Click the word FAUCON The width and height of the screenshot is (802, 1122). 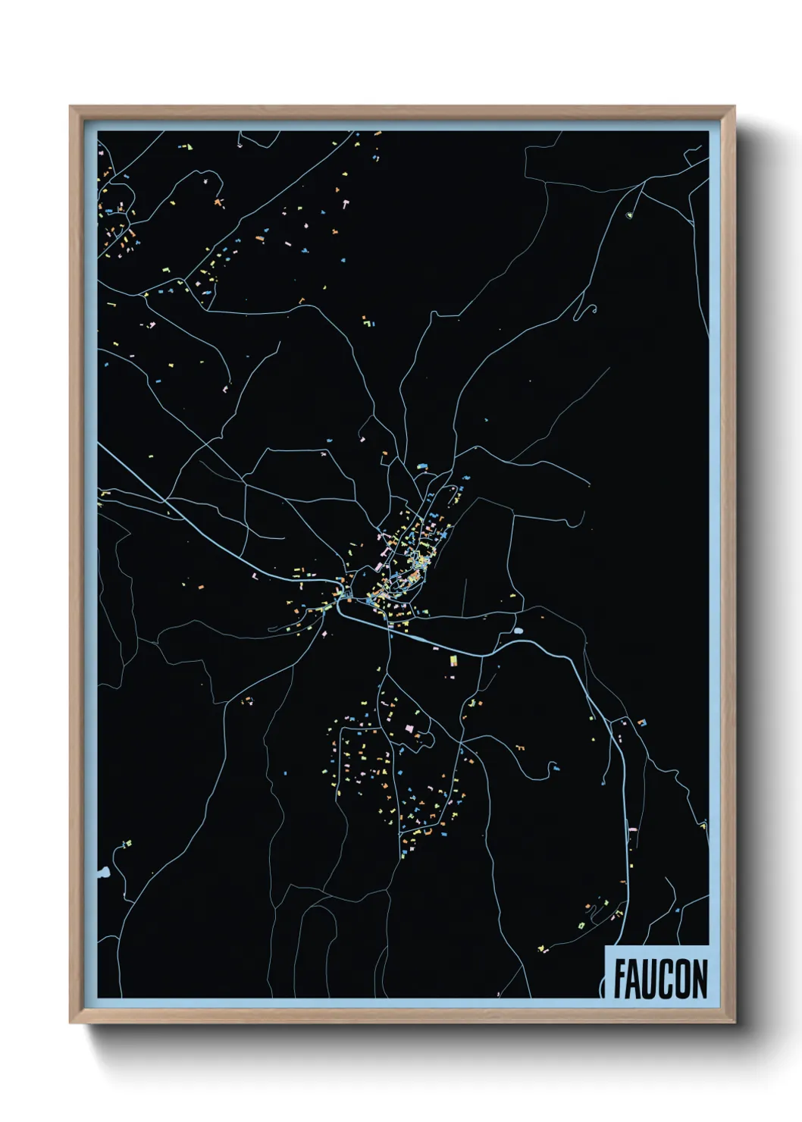(x=660, y=979)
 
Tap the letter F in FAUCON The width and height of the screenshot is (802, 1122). (x=619, y=979)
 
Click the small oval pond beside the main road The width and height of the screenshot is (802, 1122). (x=518, y=630)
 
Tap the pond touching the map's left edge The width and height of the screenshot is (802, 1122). (x=102, y=873)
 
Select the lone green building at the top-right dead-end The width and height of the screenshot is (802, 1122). (x=628, y=216)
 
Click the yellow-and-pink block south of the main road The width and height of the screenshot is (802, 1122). (x=453, y=662)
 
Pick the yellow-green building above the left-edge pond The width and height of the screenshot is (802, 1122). (x=127, y=843)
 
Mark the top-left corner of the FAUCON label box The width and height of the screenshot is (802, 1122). (x=605, y=946)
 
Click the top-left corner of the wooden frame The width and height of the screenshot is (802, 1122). (x=70, y=107)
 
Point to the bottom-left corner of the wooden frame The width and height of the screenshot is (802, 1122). (x=70, y=1023)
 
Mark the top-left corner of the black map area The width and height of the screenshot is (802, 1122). (x=99, y=132)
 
